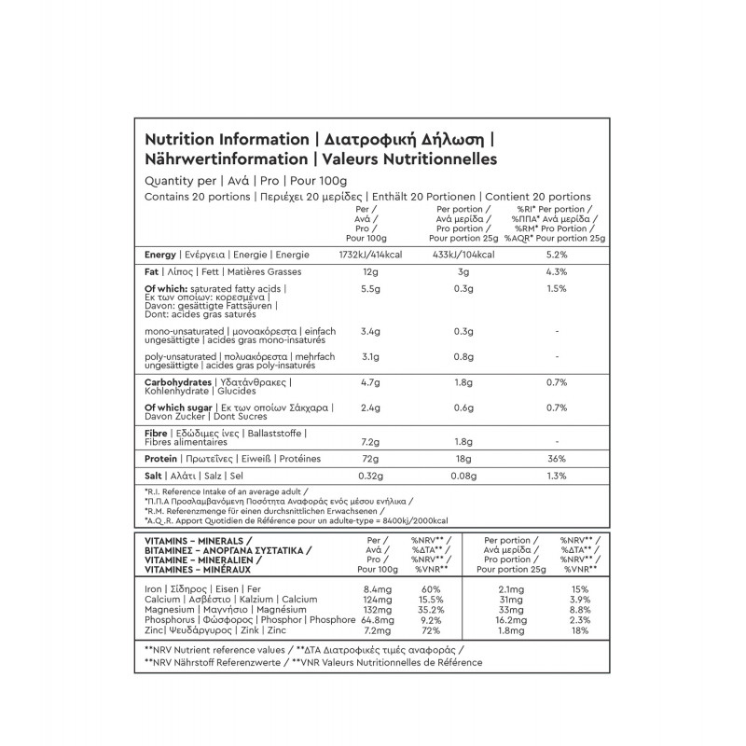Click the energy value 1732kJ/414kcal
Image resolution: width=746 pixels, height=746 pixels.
click(370, 254)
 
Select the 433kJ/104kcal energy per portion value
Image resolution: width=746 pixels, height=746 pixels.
click(457, 254)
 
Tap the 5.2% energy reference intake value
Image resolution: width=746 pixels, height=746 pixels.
click(556, 254)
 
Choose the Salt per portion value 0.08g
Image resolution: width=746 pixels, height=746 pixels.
click(457, 477)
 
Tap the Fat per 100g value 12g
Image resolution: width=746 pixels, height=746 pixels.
click(370, 271)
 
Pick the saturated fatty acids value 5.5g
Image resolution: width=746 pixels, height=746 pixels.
click(370, 289)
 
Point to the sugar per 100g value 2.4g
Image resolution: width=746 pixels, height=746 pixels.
click(370, 408)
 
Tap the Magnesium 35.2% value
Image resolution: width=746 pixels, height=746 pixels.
click(430, 609)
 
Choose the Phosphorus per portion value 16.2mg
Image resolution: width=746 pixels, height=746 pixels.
click(501, 619)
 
